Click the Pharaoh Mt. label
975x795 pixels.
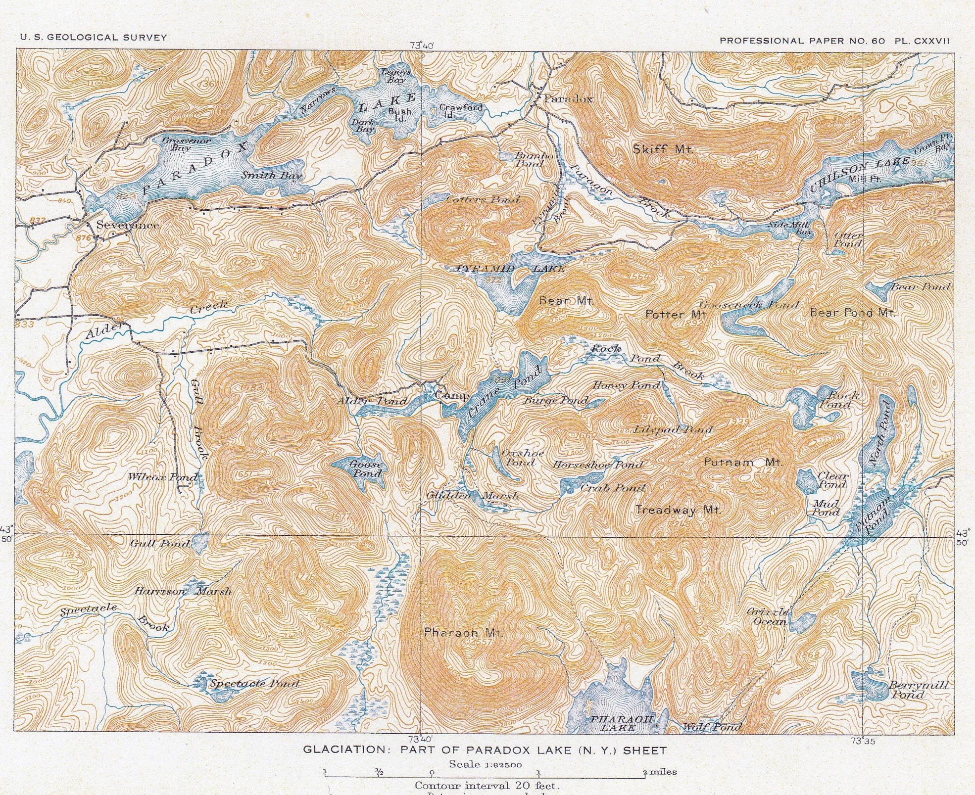point(463,633)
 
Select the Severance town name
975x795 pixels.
point(128,225)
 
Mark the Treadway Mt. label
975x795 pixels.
point(678,510)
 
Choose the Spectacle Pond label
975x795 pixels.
point(254,684)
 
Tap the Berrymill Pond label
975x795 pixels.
point(918,690)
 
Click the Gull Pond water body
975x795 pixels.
point(199,544)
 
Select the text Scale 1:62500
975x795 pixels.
point(485,764)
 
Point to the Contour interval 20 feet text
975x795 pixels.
point(487,785)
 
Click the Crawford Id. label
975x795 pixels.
point(460,111)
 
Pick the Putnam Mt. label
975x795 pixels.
point(743,463)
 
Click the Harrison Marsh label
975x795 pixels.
point(182,591)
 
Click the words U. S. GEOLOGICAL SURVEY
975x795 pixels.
point(93,37)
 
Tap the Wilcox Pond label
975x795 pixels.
point(163,477)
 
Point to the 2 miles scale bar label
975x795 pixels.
point(660,772)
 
